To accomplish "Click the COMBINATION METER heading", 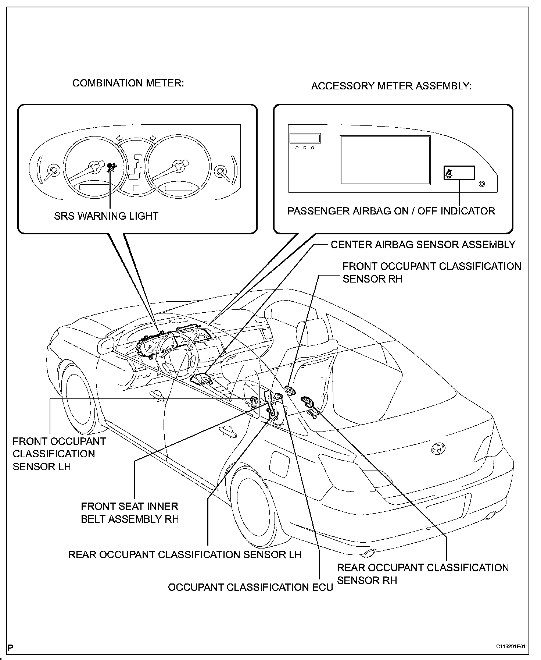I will (x=128, y=83).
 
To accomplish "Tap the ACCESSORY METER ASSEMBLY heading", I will (x=391, y=86).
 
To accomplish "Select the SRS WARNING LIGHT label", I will (x=106, y=216).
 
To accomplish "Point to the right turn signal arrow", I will (x=153, y=139).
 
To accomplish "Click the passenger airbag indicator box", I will (x=459, y=173).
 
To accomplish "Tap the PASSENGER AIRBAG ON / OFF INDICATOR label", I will (x=391, y=211).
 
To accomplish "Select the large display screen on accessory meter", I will (x=385, y=160).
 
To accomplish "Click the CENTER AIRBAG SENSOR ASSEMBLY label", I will (x=423, y=245).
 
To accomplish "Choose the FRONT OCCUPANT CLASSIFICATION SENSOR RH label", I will (x=431, y=273).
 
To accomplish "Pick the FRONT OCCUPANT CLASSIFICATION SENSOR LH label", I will (x=59, y=454).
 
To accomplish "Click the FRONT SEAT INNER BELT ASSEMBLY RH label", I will (x=130, y=512).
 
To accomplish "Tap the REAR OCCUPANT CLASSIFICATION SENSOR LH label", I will (x=185, y=554).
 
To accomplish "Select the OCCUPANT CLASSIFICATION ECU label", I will (x=250, y=587).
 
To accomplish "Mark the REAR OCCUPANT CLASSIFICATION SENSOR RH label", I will (x=423, y=574).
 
